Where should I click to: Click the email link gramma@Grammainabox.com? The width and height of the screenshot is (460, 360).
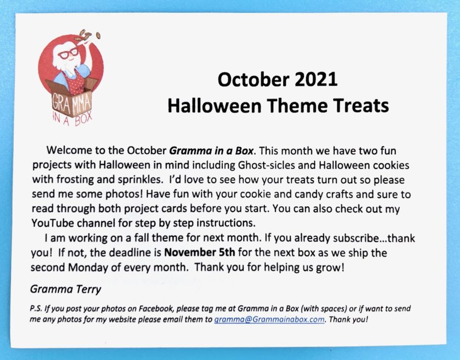(269, 319)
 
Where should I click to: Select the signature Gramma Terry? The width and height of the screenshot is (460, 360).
(65, 290)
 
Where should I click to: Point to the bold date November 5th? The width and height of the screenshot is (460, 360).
(199, 252)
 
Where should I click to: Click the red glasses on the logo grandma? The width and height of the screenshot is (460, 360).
(68, 53)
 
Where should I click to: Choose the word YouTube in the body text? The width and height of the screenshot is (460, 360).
(53, 223)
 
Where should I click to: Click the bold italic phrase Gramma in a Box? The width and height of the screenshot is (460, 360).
(211, 151)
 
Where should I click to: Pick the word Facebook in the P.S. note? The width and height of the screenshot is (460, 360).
(155, 308)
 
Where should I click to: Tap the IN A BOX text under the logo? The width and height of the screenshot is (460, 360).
(72, 119)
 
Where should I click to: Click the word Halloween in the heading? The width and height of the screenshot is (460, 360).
(215, 106)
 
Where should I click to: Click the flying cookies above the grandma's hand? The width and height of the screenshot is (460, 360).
(87, 35)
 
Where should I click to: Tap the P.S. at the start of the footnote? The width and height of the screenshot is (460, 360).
(35, 308)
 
